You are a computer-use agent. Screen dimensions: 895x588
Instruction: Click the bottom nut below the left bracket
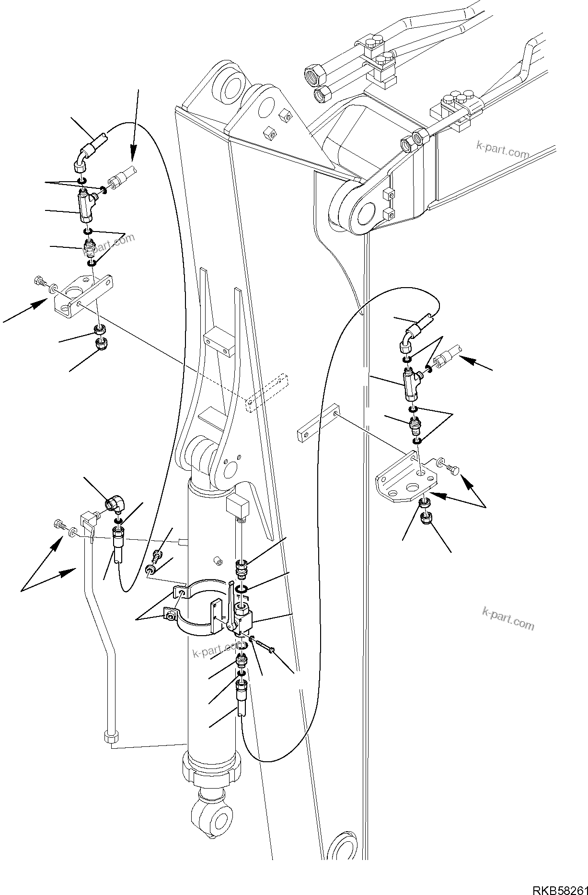click(x=102, y=344)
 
